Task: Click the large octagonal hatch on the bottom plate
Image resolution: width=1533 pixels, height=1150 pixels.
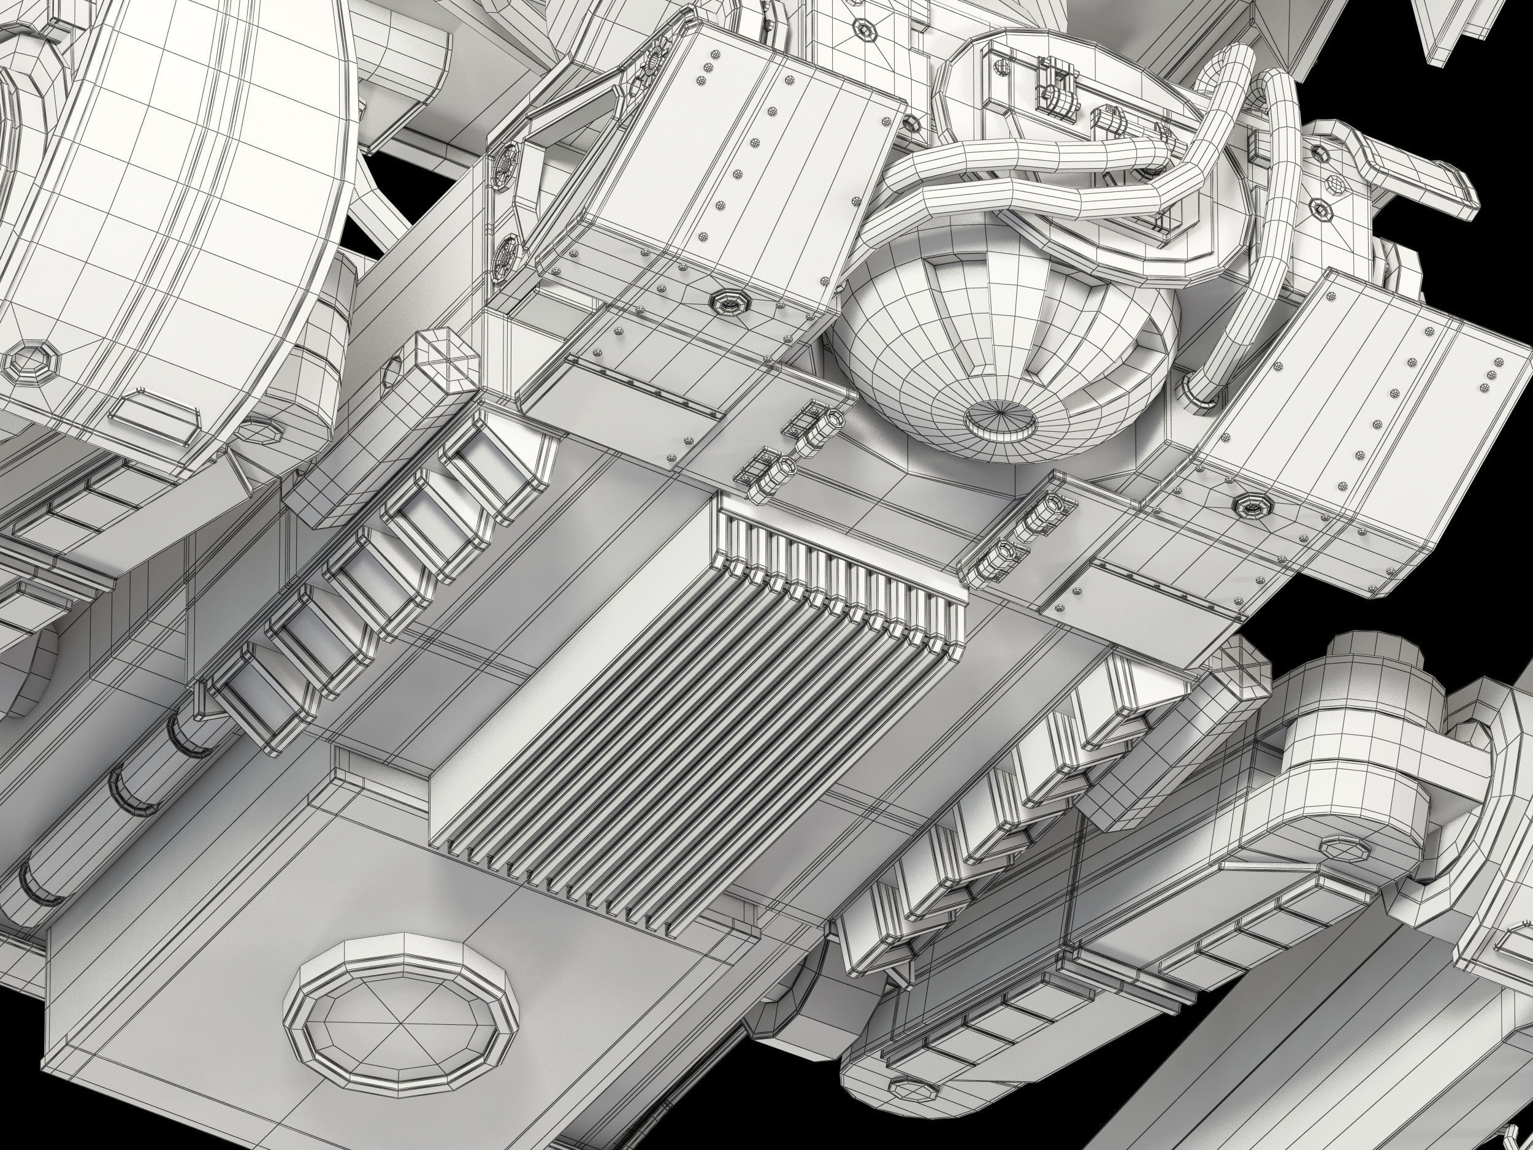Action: pos(403,1007)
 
